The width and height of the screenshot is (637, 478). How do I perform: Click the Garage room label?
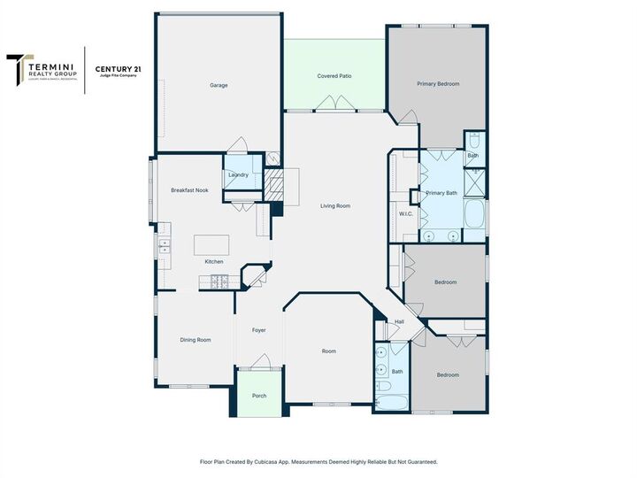click(x=219, y=86)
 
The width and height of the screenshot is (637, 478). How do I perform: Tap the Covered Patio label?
click(x=334, y=77)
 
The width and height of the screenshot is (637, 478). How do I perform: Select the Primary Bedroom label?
click(x=438, y=84)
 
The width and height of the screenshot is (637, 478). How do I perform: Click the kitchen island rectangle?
click(x=211, y=244)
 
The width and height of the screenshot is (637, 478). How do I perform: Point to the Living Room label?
click(x=335, y=206)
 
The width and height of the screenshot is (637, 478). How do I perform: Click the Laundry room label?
click(x=238, y=175)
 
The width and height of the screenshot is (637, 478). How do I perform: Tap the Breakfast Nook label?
click(x=189, y=190)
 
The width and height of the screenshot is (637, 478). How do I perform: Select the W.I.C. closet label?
click(x=406, y=213)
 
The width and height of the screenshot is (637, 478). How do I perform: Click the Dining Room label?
click(x=196, y=340)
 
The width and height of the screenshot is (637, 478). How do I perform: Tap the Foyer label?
click(x=258, y=330)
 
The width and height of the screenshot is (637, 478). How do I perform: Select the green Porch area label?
click(x=259, y=396)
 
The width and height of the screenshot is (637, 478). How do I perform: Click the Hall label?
click(x=399, y=321)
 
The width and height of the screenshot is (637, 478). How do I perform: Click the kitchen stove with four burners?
click(x=219, y=282)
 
